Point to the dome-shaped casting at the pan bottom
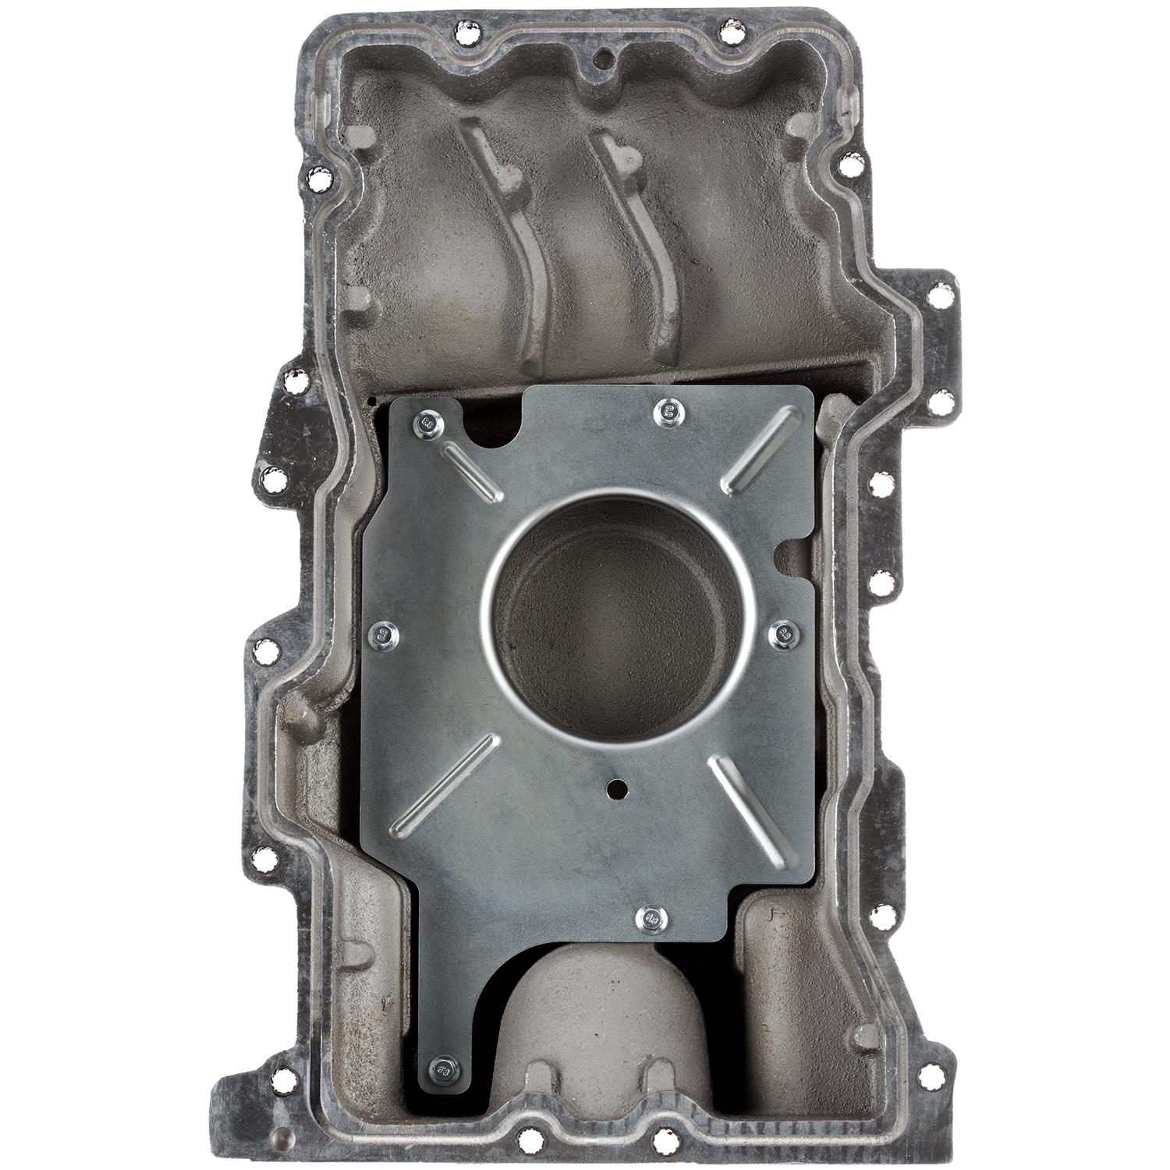[x=581, y=1014]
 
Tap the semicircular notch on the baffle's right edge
[x=788, y=552]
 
